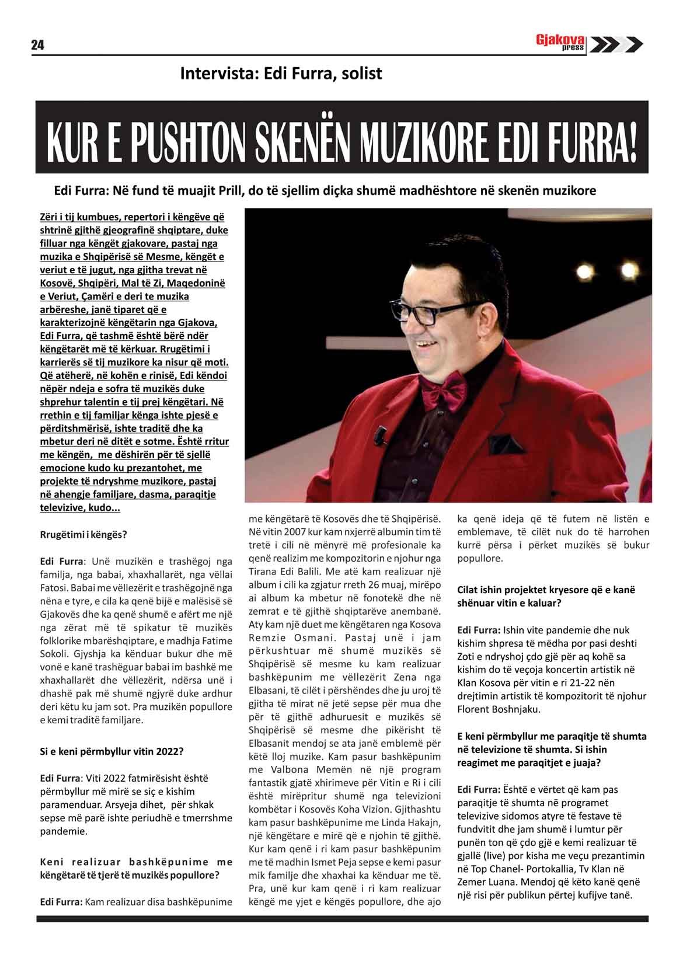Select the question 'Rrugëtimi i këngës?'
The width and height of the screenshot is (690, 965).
click(x=83, y=535)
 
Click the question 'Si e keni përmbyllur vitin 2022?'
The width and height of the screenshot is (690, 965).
click(x=111, y=751)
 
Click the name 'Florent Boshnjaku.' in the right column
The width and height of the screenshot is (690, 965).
click(x=499, y=710)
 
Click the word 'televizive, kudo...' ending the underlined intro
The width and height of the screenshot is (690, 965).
click(x=81, y=508)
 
